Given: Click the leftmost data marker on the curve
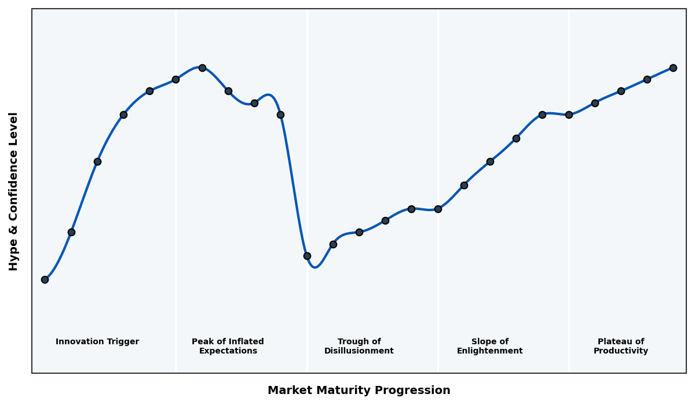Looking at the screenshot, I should (x=45, y=279).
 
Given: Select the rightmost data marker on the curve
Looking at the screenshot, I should (x=673, y=68).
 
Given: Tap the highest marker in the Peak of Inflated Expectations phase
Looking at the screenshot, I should (x=202, y=68).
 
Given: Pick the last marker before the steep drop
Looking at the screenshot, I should (x=280, y=115).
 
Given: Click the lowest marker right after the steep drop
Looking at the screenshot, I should (x=307, y=256).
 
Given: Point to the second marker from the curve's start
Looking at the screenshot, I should (x=71, y=232).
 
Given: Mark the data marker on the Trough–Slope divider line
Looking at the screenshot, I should (x=438, y=209).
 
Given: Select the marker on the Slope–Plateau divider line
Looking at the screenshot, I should (x=569, y=115).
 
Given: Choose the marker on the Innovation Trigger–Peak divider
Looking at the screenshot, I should (x=175, y=79).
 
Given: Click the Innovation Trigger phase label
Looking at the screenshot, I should (x=97, y=342).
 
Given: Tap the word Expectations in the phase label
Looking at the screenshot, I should (x=228, y=351).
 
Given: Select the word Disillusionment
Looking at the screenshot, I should (x=359, y=351).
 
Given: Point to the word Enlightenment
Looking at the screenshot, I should (x=490, y=351).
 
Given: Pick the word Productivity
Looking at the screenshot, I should (x=621, y=351).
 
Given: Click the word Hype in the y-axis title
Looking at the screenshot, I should (x=14, y=257).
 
